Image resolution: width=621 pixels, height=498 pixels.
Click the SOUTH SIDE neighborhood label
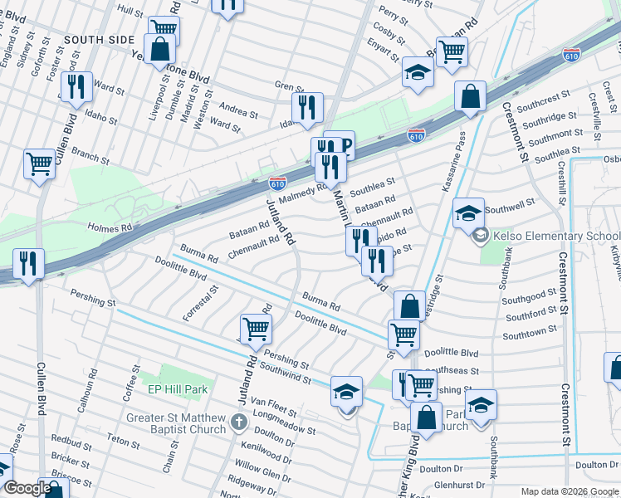point(98,39)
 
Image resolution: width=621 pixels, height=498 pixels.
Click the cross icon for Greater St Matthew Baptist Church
point(238,422)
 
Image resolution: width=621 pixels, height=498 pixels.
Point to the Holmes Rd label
point(110,226)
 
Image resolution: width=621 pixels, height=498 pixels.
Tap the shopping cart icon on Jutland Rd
point(256,328)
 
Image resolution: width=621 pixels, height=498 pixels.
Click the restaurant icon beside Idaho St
point(307,106)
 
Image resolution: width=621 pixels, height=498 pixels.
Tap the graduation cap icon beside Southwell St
point(467,212)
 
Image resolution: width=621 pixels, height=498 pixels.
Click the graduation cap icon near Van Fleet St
point(346,392)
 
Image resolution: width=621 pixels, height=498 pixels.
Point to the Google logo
point(27,488)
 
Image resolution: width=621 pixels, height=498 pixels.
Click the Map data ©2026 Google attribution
point(570,491)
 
